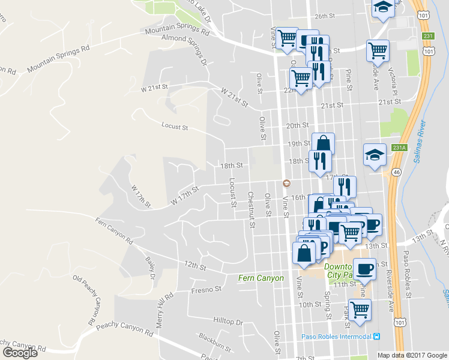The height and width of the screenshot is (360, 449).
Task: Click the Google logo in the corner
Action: pos(19,353)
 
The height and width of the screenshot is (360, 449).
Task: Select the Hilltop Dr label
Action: pos(227,322)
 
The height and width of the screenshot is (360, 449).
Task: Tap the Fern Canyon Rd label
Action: pos(113,231)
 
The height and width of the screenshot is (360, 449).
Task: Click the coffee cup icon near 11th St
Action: pos(364,268)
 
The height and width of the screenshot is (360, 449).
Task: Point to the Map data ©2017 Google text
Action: pos(412,355)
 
